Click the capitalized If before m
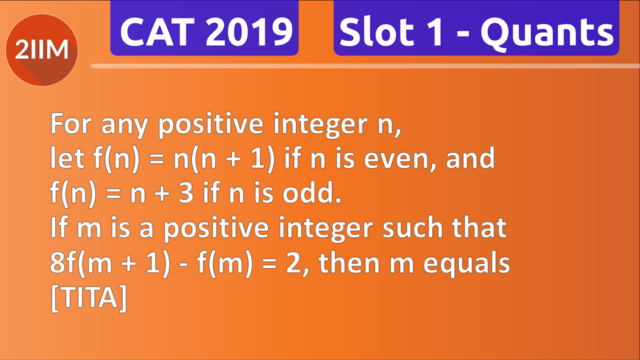tap(58, 229)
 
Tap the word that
tap(478, 229)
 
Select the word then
tap(349, 264)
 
